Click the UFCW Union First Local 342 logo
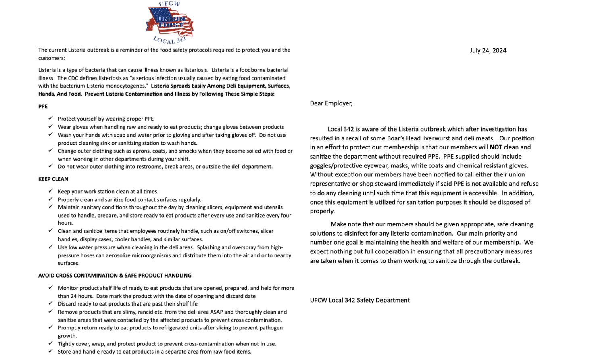[x=169, y=23]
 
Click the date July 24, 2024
[x=488, y=50]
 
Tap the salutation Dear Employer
[x=331, y=103]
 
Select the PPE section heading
[x=43, y=107]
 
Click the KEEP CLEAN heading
[x=53, y=179]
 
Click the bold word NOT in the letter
[x=496, y=147]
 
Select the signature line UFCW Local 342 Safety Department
[x=360, y=300]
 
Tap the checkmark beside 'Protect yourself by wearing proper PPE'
[x=50, y=118]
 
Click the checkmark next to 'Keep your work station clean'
[x=50, y=191]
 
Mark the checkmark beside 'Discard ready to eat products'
[x=50, y=303]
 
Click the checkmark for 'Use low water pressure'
[x=50, y=247]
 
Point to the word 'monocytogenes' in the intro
[x=125, y=86]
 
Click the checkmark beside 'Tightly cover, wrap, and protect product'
[x=50, y=343]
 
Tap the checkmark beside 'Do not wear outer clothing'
[x=50, y=166]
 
